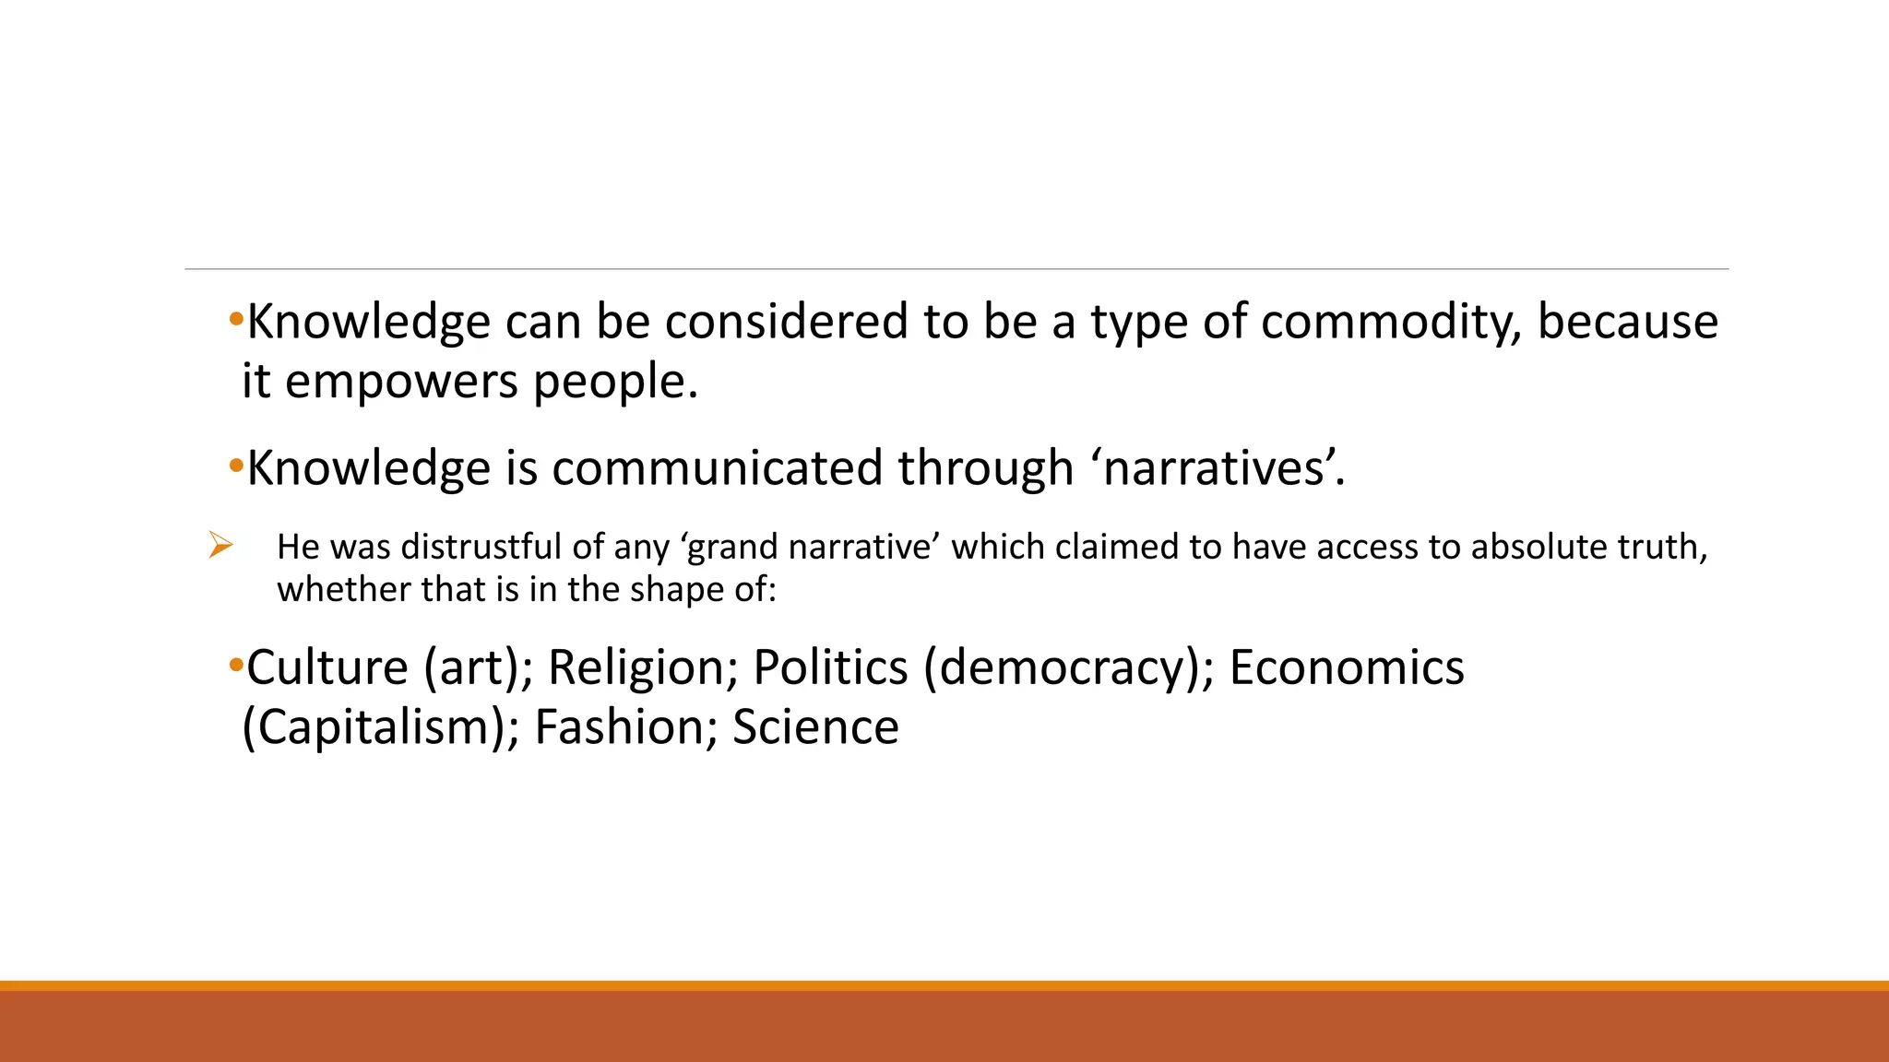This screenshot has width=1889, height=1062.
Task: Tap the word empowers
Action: tap(401, 382)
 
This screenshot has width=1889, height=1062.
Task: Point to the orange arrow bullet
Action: tap(220, 545)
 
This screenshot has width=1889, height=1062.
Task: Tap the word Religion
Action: tap(643, 667)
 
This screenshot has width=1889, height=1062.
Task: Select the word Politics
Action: tap(830, 667)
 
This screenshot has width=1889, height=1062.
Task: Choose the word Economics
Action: tap(1347, 667)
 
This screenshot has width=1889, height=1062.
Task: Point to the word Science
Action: tap(815, 727)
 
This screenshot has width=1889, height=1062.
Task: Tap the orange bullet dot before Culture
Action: tap(235, 664)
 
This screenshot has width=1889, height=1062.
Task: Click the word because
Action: tap(1627, 323)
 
